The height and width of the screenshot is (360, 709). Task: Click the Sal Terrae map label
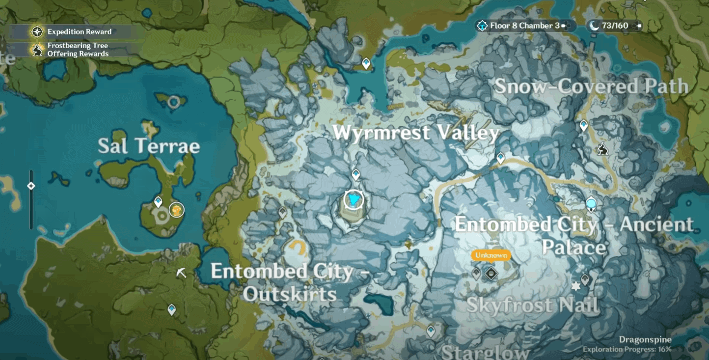point(149,146)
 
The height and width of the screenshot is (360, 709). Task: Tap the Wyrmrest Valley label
point(415,133)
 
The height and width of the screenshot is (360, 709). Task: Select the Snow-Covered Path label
point(591,86)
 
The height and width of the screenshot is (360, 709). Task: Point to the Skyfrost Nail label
point(532,305)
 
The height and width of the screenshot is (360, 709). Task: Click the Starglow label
point(486,352)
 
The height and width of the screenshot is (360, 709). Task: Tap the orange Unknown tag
point(491,255)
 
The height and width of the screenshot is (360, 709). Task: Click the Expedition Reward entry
point(79,32)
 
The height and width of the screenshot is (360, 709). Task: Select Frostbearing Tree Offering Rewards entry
point(78,50)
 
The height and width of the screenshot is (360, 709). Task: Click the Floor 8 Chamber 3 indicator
point(524,26)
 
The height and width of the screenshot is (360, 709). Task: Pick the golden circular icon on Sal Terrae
point(177,210)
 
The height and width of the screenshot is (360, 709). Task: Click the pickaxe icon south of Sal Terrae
point(182,273)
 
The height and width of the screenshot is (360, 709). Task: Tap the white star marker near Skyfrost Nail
point(575,286)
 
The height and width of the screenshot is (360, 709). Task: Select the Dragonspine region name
point(645,339)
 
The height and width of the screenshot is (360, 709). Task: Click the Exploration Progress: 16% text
point(627,349)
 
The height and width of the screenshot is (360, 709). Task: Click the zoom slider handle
point(31,186)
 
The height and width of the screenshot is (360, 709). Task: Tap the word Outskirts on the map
point(290,294)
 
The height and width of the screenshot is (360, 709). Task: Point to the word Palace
point(573,247)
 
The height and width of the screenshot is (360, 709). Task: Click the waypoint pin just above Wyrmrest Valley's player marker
point(356,174)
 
